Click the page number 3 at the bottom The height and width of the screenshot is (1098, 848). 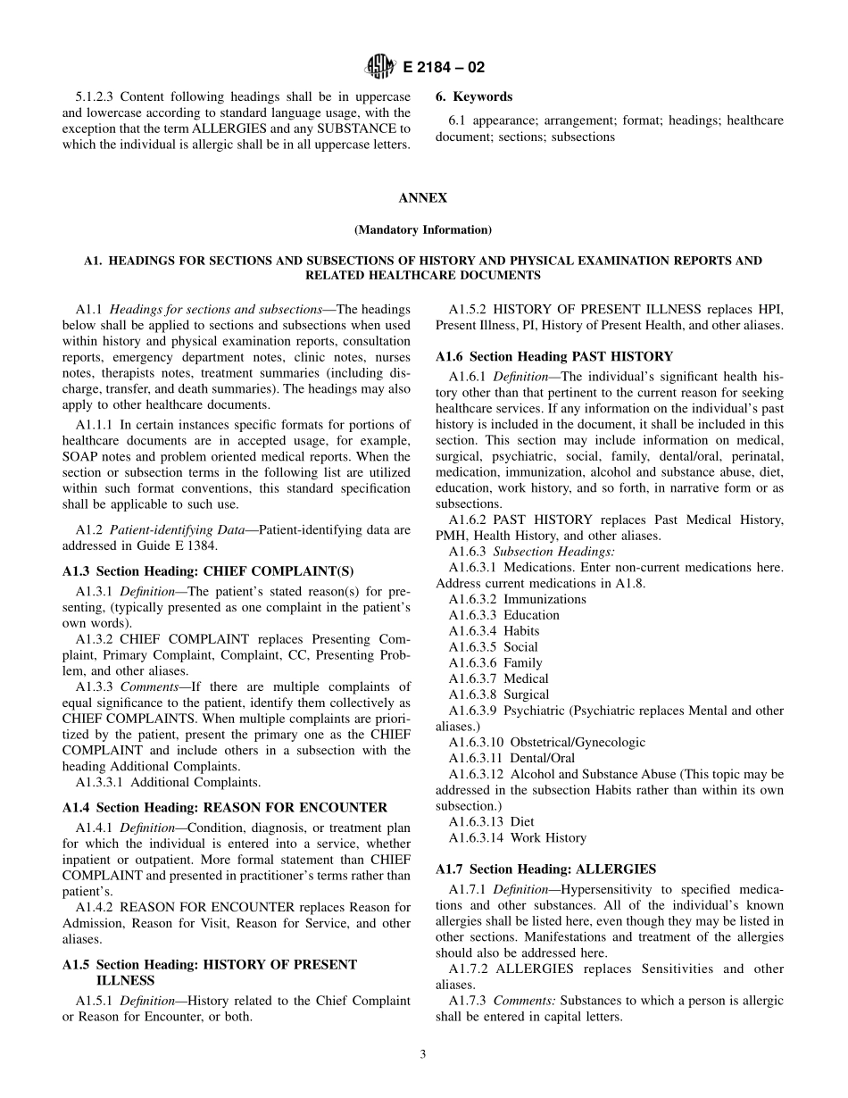coord(423,1053)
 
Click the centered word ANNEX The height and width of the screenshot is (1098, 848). coord(423,198)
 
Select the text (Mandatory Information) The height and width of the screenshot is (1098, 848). coord(423,229)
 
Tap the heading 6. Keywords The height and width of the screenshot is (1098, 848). coord(474,96)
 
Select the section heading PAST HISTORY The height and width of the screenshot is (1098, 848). coord(553,356)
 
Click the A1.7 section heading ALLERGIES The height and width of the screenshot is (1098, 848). coord(545,869)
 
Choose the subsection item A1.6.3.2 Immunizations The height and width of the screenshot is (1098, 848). coord(518,599)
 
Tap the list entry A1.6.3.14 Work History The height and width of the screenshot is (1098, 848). coord(518,837)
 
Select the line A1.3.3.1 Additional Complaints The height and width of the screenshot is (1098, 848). coord(169,783)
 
